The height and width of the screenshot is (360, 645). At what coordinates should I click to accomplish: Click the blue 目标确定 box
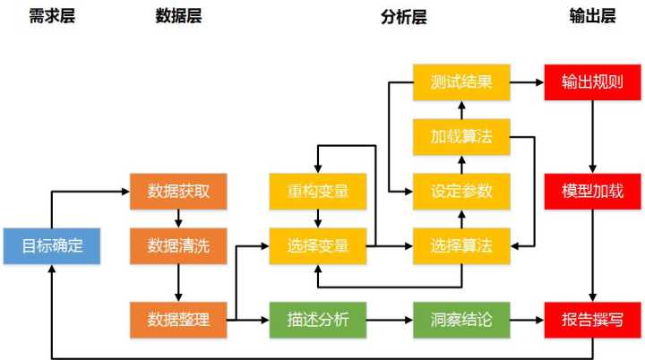pyautogui.click(x=52, y=245)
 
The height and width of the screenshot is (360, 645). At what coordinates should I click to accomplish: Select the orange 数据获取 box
pyautogui.click(x=178, y=192)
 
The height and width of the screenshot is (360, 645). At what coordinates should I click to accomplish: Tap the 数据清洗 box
pyautogui.click(x=178, y=245)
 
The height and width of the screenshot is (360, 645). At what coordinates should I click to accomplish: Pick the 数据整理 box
pyautogui.click(x=178, y=320)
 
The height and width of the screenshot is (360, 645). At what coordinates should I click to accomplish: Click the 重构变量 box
pyautogui.click(x=318, y=192)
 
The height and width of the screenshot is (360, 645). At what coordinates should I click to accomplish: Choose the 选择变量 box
pyautogui.click(x=318, y=245)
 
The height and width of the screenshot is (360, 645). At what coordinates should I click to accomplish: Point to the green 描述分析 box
pyautogui.click(x=318, y=320)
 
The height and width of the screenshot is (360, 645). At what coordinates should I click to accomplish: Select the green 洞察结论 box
pyautogui.click(x=461, y=320)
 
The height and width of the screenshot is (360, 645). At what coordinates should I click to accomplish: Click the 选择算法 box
pyautogui.click(x=461, y=245)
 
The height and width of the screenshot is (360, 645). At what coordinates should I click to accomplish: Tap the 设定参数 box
pyautogui.click(x=461, y=192)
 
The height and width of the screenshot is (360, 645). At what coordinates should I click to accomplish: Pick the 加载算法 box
pyautogui.click(x=461, y=137)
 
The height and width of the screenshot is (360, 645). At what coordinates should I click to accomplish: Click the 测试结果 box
pyautogui.click(x=461, y=82)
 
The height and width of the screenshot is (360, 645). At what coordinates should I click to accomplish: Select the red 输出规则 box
pyautogui.click(x=593, y=82)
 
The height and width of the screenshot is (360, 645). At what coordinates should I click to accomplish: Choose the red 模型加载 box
pyautogui.click(x=593, y=192)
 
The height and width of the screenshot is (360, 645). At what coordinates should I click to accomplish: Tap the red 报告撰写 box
pyautogui.click(x=593, y=320)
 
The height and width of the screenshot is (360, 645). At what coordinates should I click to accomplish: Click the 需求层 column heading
pyautogui.click(x=52, y=16)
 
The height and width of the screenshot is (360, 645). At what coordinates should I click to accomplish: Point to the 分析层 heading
pyautogui.click(x=404, y=17)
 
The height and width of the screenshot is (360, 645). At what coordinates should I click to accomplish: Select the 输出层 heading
pyautogui.click(x=593, y=16)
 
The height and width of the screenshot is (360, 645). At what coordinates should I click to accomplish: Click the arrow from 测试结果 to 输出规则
pyautogui.click(x=528, y=82)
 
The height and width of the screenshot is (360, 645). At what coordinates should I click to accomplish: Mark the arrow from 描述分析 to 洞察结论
pyautogui.click(x=390, y=320)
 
